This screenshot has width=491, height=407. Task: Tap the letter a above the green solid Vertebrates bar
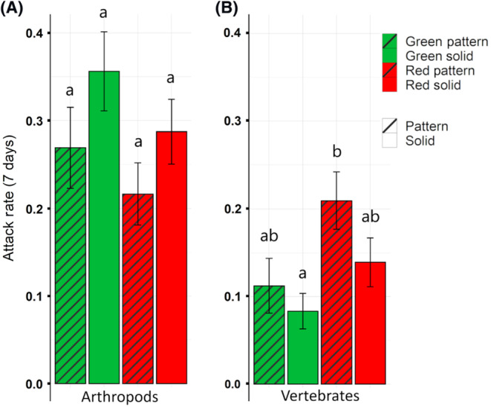pos(302,275)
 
